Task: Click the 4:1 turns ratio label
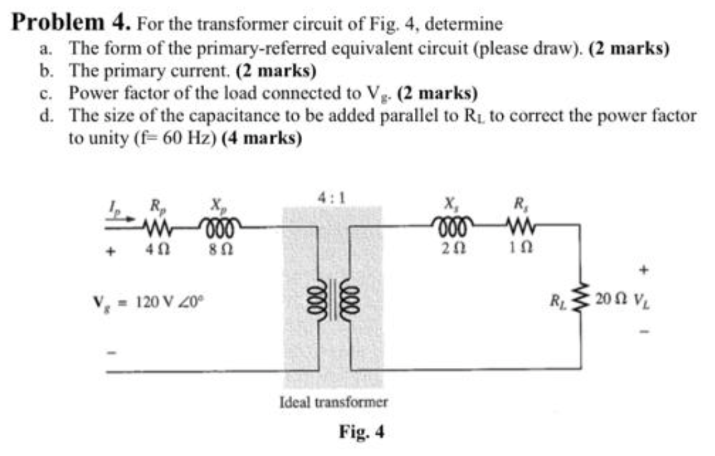click(x=331, y=198)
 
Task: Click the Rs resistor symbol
click(x=517, y=226)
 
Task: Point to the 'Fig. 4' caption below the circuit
click(x=361, y=432)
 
